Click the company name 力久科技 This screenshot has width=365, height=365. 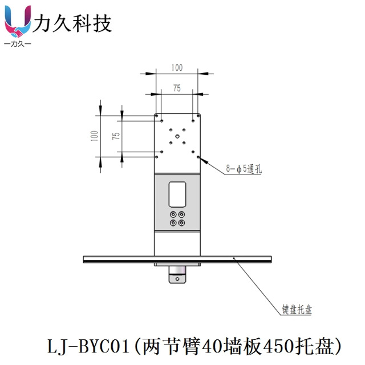click(x=73, y=23)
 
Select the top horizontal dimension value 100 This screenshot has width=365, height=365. click(x=177, y=68)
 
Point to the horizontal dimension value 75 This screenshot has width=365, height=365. click(x=177, y=88)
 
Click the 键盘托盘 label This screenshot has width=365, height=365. click(x=297, y=310)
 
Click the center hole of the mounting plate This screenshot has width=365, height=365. click(x=177, y=136)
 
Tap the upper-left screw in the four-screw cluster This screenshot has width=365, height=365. click(x=173, y=215)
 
